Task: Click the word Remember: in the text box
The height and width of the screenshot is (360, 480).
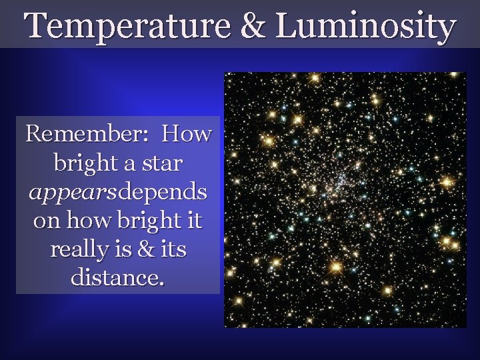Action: [x=85, y=135]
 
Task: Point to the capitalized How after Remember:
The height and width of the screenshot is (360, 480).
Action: [x=187, y=135]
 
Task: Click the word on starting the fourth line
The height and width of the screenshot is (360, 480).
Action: [x=45, y=221]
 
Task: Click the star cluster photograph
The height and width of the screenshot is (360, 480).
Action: [x=345, y=200]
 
